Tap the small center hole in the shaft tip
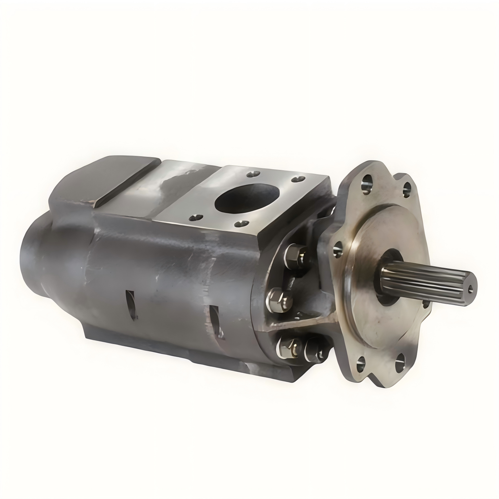(x=470, y=288)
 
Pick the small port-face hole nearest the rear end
(x=196, y=217)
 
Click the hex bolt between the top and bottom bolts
(x=279, y=300)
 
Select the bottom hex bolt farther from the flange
(x=288, y=346)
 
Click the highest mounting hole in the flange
(x=366, y=184)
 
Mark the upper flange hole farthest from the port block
(x=406, y=190)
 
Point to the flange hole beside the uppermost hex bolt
(x=337, y=250)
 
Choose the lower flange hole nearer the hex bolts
(x=361, y=363)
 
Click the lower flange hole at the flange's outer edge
(x=400, y=362)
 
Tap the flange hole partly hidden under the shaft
(x=426, y=304)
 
